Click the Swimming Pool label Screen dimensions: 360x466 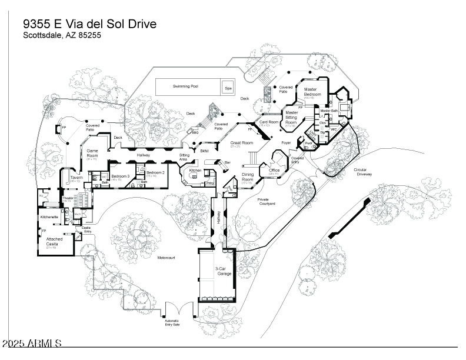pyautogui.click(x=185, y=86)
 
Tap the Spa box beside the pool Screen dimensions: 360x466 pyautogui.click(x=228, y=87)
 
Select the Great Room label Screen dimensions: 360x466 pyautogui.click(x=241, y=143)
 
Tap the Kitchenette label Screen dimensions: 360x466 pyautogui.click(x=49, y=217)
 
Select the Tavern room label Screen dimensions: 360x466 pyautogui.click(x=76, y=177)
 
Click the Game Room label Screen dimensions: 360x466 pyautogui.click(x=92, y=154)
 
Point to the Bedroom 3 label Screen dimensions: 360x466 pyautogui.click(x=120, y=176)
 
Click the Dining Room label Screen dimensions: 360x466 pyautogui.click(x=247, y=177)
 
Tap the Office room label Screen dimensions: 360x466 pyautogui.click(x=274, y=171)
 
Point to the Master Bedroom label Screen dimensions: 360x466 pyautogui.click(x=312, y=92)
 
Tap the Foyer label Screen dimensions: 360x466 pyautogui.click(x=287, y=142)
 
